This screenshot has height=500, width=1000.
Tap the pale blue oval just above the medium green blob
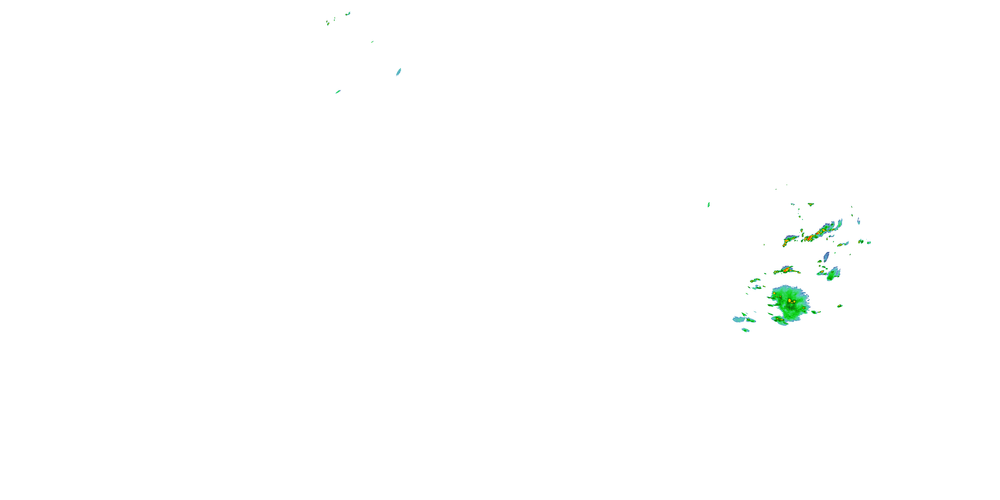click(826, 256)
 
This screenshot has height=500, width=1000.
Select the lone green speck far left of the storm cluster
click(708, 205)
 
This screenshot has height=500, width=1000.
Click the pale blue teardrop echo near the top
click(398, 72)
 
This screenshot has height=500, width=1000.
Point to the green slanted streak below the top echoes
click(338, 92)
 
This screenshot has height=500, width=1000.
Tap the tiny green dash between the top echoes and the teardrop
click(372, 42)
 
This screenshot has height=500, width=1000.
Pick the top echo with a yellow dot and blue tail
click(328, 23)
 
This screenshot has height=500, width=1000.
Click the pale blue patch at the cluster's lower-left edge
click(738, 319)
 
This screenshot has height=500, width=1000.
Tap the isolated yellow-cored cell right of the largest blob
click(840, 306)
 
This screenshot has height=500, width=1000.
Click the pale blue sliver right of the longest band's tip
click(858, 221)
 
